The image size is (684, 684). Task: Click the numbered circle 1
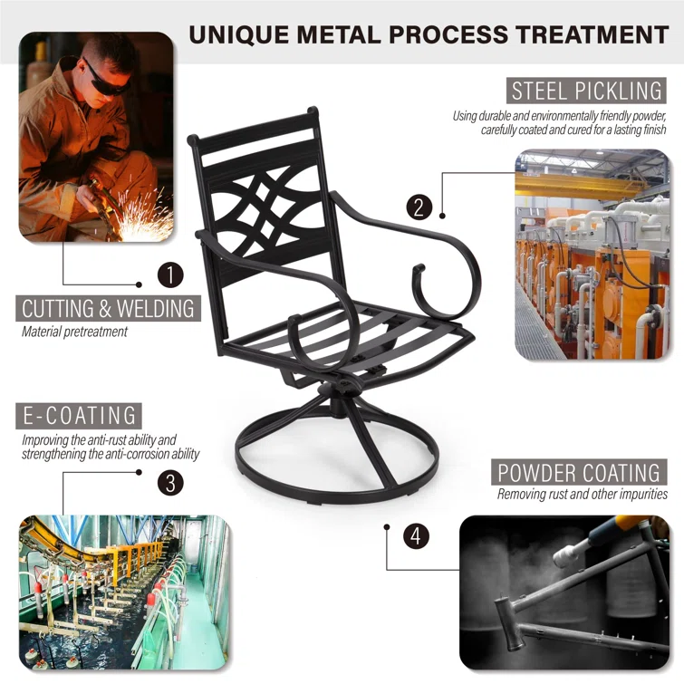170,275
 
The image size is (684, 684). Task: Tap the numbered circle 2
419,207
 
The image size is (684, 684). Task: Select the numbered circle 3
170,483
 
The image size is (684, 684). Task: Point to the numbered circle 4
416,536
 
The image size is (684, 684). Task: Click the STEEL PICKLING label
586,91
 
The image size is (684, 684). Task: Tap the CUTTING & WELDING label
108,308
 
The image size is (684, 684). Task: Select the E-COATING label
79,416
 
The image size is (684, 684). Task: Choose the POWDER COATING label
579,472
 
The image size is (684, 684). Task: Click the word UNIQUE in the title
239,35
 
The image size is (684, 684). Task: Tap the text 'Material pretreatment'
74,332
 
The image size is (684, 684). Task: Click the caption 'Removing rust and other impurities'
582,495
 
